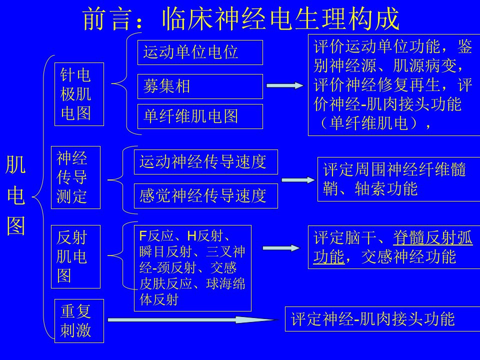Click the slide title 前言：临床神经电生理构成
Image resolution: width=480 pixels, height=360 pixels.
click(241, 19)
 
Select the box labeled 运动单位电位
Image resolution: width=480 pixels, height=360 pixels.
click(200, 52)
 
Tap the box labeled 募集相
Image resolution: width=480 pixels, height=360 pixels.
click(200, 86)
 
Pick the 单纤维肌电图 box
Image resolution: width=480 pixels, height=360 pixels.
click(200, 116)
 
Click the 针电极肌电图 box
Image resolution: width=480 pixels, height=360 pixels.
click(79, 94)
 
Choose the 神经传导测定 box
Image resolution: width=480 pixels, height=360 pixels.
click(75, 177)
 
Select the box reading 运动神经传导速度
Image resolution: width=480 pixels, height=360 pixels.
click(205, 162)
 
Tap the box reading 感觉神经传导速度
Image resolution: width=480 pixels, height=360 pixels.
click(205, 196)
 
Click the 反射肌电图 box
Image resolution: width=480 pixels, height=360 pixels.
click(75, 256)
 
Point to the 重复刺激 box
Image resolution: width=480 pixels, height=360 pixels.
click(79, 321)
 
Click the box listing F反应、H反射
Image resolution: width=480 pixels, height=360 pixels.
click(193, 268)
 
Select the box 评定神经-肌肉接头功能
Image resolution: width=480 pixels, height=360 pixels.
click(382, 319)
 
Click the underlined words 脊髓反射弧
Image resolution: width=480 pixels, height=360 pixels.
click(433, 237)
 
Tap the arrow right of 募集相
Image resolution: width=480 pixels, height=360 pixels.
click(285, 85)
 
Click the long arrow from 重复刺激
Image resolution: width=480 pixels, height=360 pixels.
click(193, 320)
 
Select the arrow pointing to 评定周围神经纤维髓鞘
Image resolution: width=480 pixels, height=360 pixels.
click(298, 180)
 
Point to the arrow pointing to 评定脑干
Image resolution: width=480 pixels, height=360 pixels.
click(281, 248)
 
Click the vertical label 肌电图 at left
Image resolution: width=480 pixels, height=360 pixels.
click(15, 195)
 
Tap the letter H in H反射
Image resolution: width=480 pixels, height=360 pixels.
click(191, 236)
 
